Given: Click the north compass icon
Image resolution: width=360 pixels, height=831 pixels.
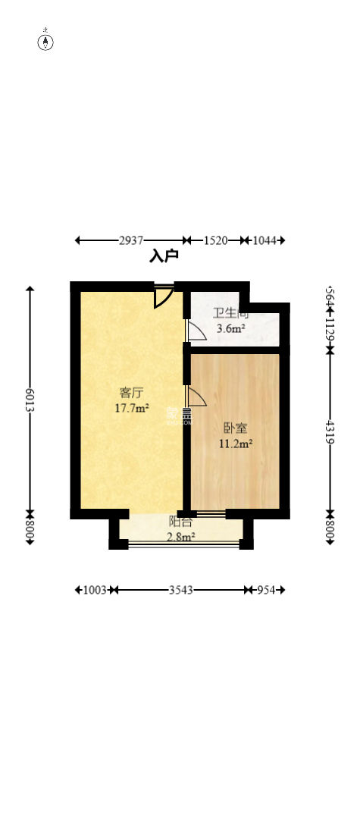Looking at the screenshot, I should point(46,40).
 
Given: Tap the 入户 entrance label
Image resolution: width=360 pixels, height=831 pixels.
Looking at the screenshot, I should point(164,256).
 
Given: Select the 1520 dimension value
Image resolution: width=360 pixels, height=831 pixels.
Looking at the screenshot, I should point(215,240).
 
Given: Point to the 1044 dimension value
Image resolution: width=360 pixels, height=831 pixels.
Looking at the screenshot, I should point(265,240).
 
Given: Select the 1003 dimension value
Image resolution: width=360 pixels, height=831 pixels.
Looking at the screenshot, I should point(94,589).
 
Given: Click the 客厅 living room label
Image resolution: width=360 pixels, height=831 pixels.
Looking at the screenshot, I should point(131,393).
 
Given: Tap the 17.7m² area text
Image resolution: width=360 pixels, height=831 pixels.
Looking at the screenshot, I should point(131,407).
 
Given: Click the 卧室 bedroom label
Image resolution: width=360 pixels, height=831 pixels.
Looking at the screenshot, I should point(235,428).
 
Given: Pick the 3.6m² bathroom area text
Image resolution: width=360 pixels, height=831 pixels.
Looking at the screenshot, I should point(230,328).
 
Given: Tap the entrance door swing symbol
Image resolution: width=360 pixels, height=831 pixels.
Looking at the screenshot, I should point(163,296).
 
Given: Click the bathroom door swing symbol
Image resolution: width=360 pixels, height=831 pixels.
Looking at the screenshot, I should point(195,331).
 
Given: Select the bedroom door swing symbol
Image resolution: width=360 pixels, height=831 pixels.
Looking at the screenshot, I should point(195,397).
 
